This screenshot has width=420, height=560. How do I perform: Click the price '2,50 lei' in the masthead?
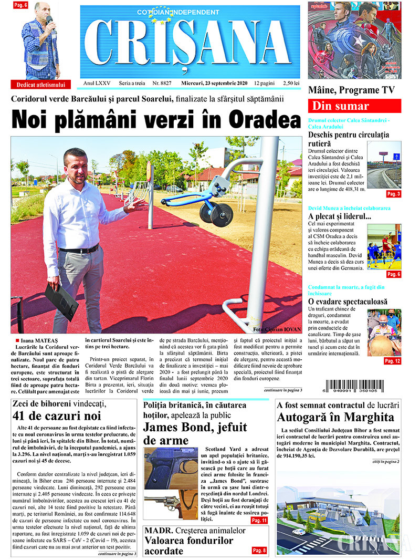coord(291,84)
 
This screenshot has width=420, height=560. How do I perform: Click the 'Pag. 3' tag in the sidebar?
coord(393,194)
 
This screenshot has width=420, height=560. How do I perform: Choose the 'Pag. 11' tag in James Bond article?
coord(259,520)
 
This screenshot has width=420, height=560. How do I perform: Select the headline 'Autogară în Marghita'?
coord(335,418)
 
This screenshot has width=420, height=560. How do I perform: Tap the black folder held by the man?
coord(61,302)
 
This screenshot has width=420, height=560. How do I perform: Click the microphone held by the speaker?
coord(50,21)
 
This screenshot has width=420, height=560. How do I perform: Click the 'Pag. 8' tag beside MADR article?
coord(259,550)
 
